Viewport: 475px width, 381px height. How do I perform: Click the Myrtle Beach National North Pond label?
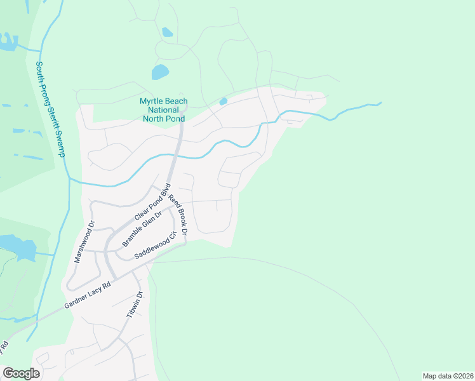163,110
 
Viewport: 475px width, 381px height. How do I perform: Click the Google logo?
21,373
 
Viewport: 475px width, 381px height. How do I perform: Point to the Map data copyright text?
448,375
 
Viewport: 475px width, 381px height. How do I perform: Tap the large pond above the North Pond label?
160,72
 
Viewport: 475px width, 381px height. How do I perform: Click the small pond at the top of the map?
167,32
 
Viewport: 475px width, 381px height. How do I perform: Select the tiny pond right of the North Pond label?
223,102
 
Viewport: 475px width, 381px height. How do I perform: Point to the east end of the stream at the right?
380,103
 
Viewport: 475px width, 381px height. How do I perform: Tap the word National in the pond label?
163,110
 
